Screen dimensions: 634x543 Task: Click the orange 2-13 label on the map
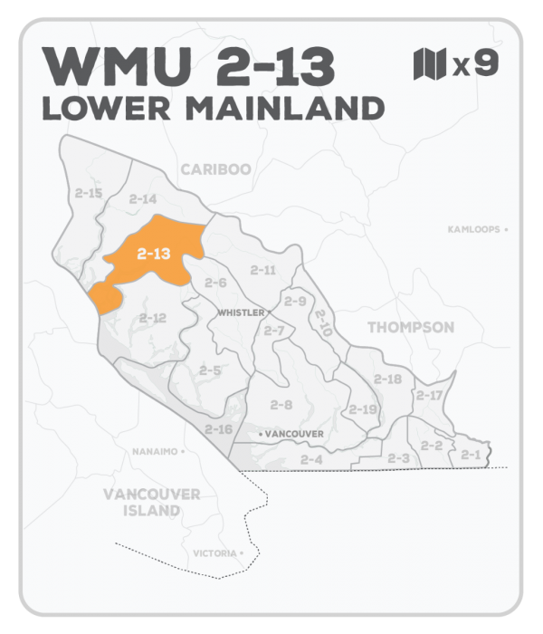154,255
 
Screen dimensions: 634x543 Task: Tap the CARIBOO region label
214,169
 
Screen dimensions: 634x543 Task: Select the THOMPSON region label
410,327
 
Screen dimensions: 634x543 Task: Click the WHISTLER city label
242,312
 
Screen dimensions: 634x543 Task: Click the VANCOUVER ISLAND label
151,503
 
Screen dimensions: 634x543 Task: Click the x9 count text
474,65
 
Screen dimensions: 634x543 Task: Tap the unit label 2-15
89,193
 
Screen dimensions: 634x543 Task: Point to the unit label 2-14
143,198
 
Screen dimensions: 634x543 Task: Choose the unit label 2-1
469,453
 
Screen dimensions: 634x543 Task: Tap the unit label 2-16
218,428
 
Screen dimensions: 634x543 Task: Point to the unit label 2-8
281,405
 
